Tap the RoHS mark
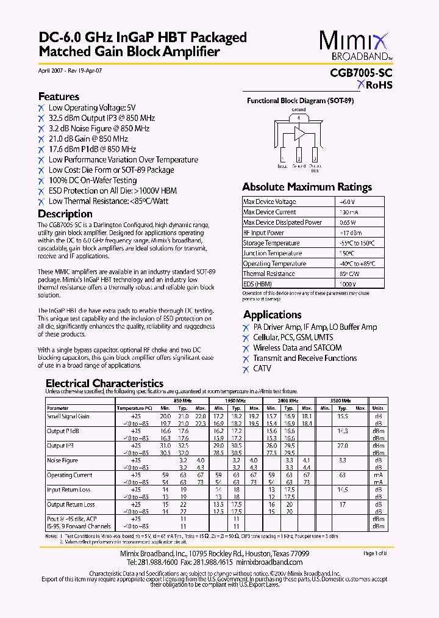coord(374,85)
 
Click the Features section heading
coord(59,96)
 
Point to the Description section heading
coord(65,214)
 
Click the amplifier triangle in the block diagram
coord(299,133)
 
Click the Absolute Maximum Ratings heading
coord(307,187)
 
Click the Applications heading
coord(272,314)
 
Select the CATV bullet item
coord(262,369)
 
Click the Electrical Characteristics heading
coord(104,384)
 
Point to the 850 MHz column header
coord(183,400)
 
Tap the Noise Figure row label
coord(62,460)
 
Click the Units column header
coord(378,408)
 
